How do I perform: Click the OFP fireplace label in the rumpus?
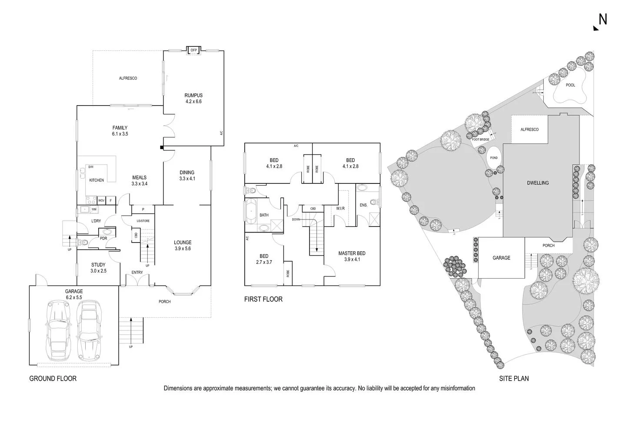click(x=194, y=50)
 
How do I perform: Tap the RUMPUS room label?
click(x=193, y=96)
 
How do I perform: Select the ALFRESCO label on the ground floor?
click(x=128, y=78)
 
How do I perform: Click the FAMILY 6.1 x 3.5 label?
click(x=120, y=131)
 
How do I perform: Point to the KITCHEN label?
click(x=97, y=180)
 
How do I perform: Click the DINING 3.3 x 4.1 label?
click(x=187, y=175)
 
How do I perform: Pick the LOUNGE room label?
click(x=183, y=243)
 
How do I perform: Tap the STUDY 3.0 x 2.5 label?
click(x=98, y=268)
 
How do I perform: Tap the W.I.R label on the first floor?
click(x=340, y=209)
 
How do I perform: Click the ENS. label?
click(x=363, y=205)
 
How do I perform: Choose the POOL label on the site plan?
click(x=570, y=85)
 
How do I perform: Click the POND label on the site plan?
click(x=494, y=158)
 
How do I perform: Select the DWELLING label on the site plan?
click(x=538, y=183)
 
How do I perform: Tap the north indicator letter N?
click(x=602, y=20)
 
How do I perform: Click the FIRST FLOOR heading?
click(x=263, y=299)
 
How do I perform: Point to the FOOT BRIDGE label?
click(x=481, y=140)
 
